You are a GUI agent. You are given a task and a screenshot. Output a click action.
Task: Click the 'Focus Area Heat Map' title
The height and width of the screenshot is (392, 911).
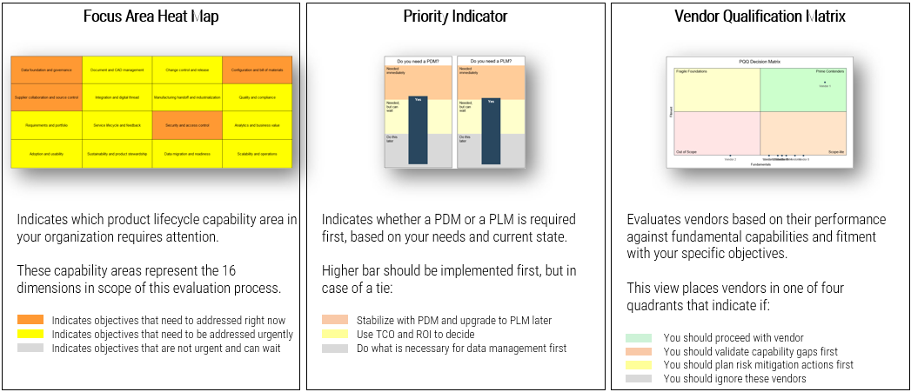coord(151,17)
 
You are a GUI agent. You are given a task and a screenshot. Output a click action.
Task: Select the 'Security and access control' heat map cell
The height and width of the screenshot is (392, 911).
coord(187,125)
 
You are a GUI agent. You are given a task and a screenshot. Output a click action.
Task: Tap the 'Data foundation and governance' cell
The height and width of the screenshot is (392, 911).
coord(46,70)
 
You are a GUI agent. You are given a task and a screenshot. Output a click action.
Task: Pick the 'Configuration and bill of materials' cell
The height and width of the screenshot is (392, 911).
coord(257,70)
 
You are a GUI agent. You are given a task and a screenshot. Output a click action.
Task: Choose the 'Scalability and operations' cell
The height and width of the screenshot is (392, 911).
coord(257,153)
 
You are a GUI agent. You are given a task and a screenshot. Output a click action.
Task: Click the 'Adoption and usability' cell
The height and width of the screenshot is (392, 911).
coord(46,153)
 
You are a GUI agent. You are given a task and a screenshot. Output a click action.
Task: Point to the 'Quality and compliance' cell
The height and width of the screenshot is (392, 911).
coord(257,97)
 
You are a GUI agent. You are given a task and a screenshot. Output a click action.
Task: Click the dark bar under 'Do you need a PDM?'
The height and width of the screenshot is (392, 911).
coord(418,130)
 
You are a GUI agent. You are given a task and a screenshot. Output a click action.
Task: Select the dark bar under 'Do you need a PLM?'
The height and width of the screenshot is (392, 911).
coord(491,130)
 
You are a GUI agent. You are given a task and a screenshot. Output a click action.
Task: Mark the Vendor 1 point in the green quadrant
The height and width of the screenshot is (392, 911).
coord(824,82)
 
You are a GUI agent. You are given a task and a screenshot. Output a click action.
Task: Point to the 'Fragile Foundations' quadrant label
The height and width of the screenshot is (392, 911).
coord(690,71)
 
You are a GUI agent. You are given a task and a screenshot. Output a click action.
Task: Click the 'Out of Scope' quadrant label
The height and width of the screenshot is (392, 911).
coord(687,152)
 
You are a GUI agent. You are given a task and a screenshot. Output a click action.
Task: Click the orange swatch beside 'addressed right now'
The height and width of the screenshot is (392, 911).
coord(30,320)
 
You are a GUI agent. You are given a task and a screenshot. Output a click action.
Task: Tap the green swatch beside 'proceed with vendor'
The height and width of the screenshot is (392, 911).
coord(639,338)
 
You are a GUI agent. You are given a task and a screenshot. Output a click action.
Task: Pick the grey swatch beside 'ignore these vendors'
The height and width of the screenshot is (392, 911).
coord(639,378)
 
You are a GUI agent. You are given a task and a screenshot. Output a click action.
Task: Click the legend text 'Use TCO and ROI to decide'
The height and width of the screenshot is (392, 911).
coord(416,335)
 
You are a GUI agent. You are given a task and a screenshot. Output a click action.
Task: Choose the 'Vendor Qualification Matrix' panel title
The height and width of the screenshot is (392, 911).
coord(760,17)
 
